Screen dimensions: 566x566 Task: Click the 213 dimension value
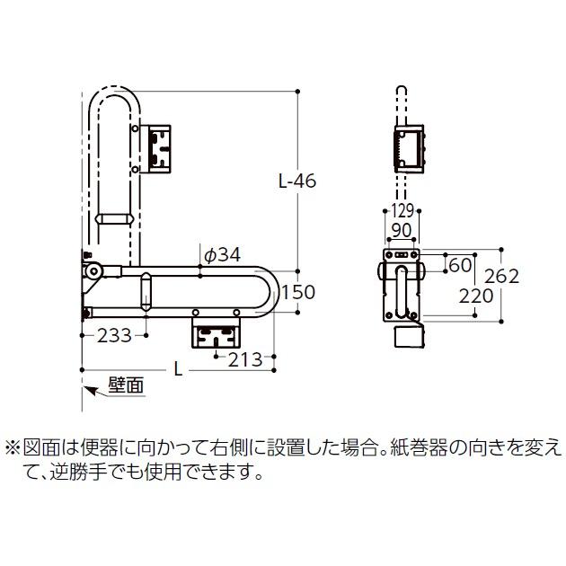pyautogui.click(x=243, y=359)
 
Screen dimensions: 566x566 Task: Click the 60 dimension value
pyautogui.click(x=460, y=265)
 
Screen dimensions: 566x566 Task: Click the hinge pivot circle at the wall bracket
pyautogui.click(x=93, y=270)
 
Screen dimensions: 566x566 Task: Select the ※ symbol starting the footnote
pyautogui.click(x=13, y=447)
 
